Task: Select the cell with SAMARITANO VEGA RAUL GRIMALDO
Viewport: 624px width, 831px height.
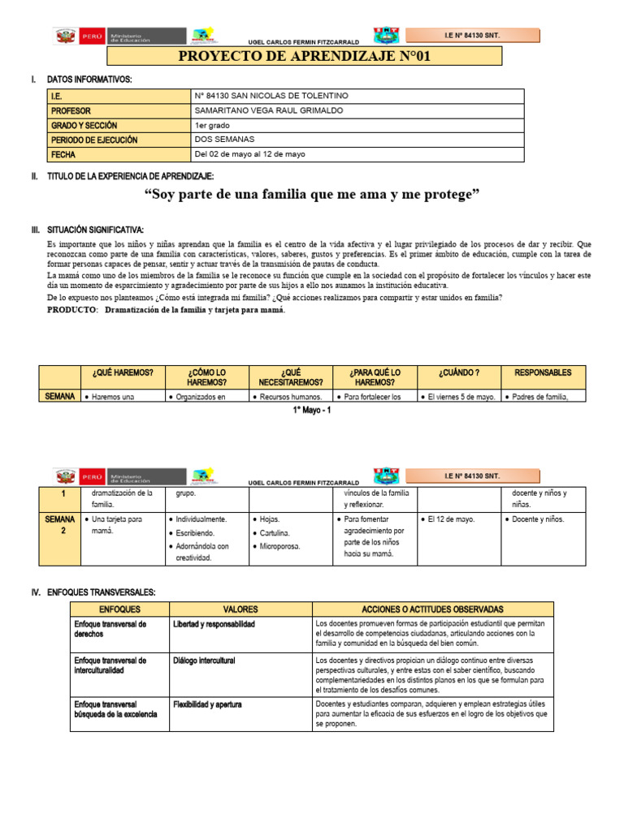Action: (269, 110)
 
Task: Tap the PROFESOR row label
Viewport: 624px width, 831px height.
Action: (71, 110)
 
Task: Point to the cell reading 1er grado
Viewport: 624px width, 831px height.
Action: (213, 125)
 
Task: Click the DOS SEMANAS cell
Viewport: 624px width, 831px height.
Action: (225, 140)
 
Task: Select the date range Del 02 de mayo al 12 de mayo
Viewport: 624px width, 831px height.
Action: (250, 154)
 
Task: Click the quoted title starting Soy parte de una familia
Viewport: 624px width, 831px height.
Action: (312, 195)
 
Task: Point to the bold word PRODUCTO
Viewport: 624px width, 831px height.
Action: (71, 310)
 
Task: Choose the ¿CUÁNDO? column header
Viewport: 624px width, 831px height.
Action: (458, 372)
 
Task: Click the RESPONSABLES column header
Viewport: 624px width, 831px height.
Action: (542, 372)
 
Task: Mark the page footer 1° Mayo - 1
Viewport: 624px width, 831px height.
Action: (311, 410)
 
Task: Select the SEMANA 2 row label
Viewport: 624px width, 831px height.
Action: (59, 524)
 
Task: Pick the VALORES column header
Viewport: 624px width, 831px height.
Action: (240, 609)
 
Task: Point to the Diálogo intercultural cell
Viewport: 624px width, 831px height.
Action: (204, 661)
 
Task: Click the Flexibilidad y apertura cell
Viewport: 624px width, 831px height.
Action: (207, 704)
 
